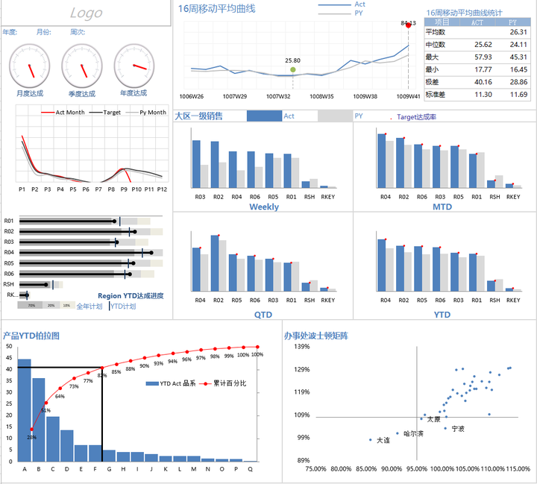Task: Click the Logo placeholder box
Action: point(86,13)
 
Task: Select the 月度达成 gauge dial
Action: point(30,65)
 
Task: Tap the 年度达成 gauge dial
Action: point(134,65)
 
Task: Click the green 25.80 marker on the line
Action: point(292,70)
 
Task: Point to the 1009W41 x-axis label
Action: point(408,96)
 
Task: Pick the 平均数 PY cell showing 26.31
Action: point(518,32)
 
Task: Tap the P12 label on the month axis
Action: point(161,189)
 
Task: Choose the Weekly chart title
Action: point(263,207)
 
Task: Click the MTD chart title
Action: point(442,207)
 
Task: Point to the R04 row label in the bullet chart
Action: point(9,253)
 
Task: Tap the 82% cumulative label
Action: point(102,375)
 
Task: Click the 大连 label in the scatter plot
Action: point(383,440)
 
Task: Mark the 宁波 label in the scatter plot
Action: point(457,429)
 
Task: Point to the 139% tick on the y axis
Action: point(301,347)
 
